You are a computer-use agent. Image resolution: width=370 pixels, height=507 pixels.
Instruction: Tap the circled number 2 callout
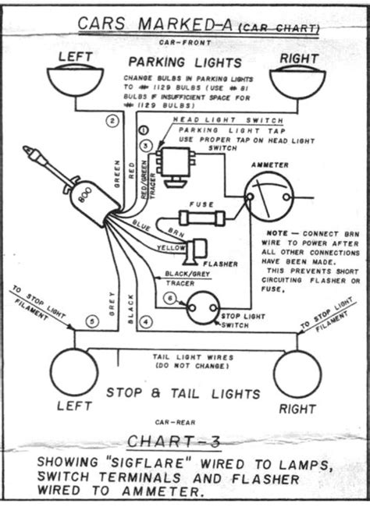coord(112,120)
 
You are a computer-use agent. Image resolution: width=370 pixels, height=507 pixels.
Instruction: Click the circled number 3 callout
coord(145,145)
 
